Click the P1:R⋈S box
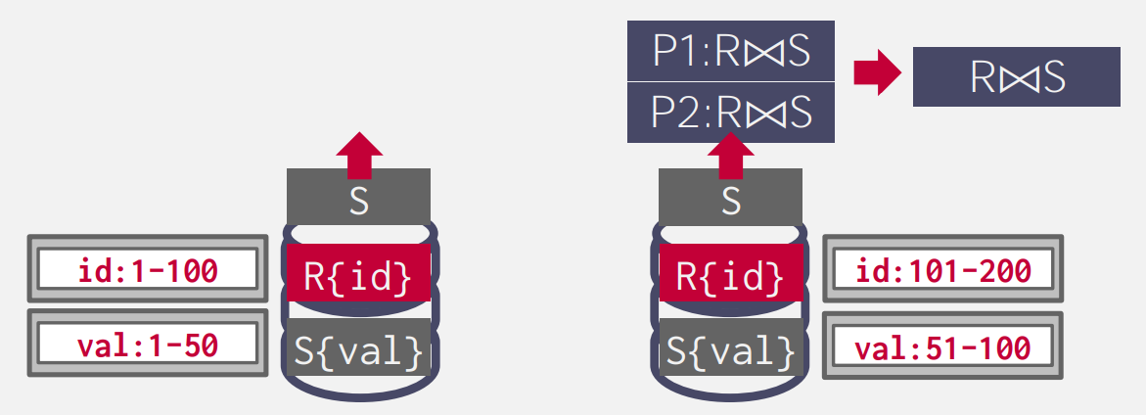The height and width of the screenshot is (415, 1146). pyautogui.click(x=730, y=52)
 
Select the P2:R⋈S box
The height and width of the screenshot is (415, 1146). pyautogui.click(x=730, y=114)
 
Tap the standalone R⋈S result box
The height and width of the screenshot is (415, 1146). pyautogui.click(x=1016, y=76)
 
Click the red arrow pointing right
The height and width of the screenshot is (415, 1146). pyautogui.click(x=876, y=75)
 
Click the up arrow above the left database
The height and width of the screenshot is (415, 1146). pyautogui.click(x=359, y=155)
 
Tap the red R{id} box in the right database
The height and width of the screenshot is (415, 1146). pyautogui.click(x=730, y=275)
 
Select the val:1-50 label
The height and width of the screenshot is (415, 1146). pyautogui.click(x=148, y=344)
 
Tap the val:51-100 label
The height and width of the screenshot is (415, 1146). pyautogui.click(x=942, y=346)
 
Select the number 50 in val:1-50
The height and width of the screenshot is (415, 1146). pyautogui.click(x=199, y=344)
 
